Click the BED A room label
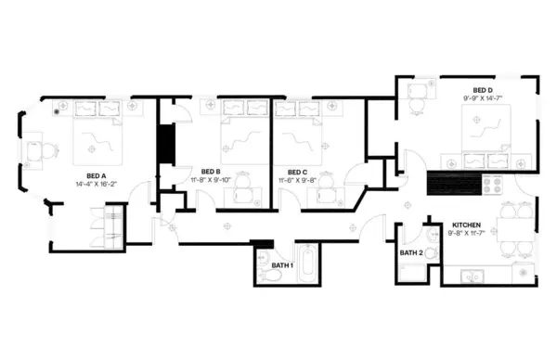click(x=97, y=174)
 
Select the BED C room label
click(x=297, y=172)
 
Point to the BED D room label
click(x=483, y=89)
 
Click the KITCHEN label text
click(x=466, y=225)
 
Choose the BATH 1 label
click(x=282, y=266)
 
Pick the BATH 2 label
click(x=411, y=252)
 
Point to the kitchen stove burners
click(x=492, y=183)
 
